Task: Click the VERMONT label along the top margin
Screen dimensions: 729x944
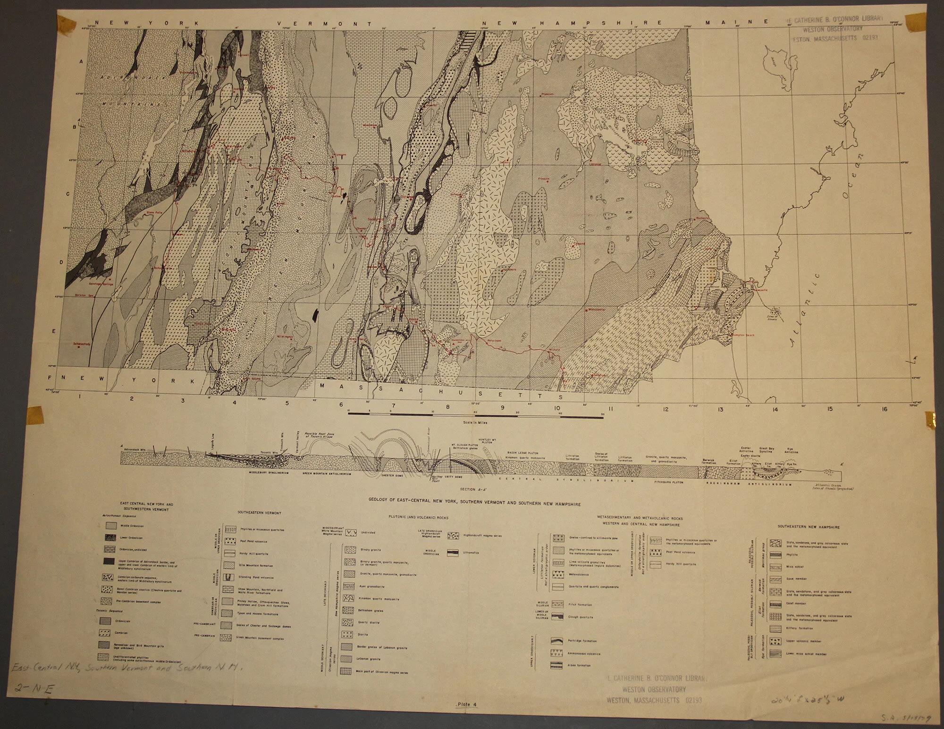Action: coord(330,23)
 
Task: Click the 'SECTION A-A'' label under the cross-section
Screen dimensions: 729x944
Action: coord(468,489)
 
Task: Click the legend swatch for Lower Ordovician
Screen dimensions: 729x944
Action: coord(111,537)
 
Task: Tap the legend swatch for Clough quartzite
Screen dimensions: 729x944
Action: coord(558,616)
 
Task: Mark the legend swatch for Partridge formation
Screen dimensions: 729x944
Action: coord(558,641)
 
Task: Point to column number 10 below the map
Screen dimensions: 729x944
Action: coord(557,408)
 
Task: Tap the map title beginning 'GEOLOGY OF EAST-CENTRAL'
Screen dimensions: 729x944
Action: coord(475,504)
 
